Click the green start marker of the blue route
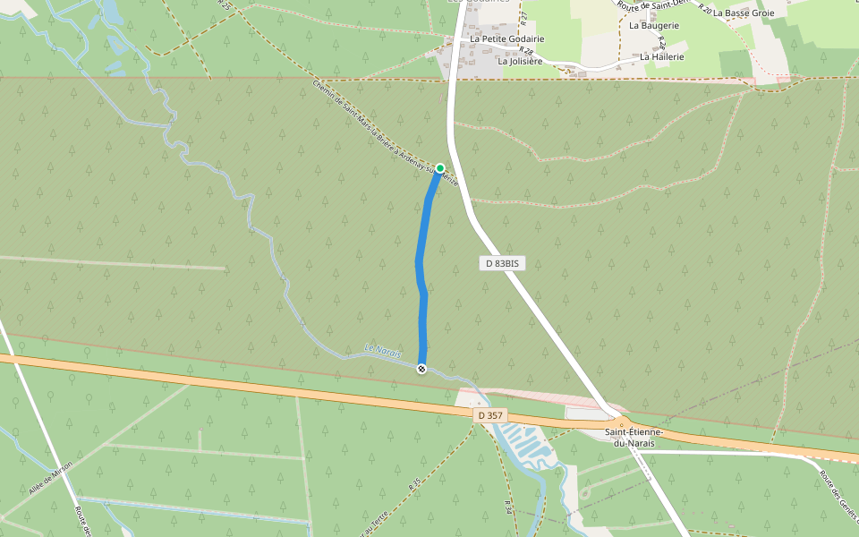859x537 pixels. click(x=440, y=168)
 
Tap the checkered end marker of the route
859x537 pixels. click(x=421, y=369)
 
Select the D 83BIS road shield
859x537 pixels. click(x=502, y=263)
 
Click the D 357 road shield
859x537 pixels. click(x=490, y=415)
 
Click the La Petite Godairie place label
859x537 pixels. click(x=507, y=39)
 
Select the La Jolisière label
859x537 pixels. click(x=520, y=62)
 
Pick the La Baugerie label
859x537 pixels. click(x=653, y=26)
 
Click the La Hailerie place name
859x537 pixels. click(x=662, y=56)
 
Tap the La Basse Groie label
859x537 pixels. click(x=744, y=13)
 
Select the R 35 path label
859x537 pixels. click(x=414, y=484)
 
